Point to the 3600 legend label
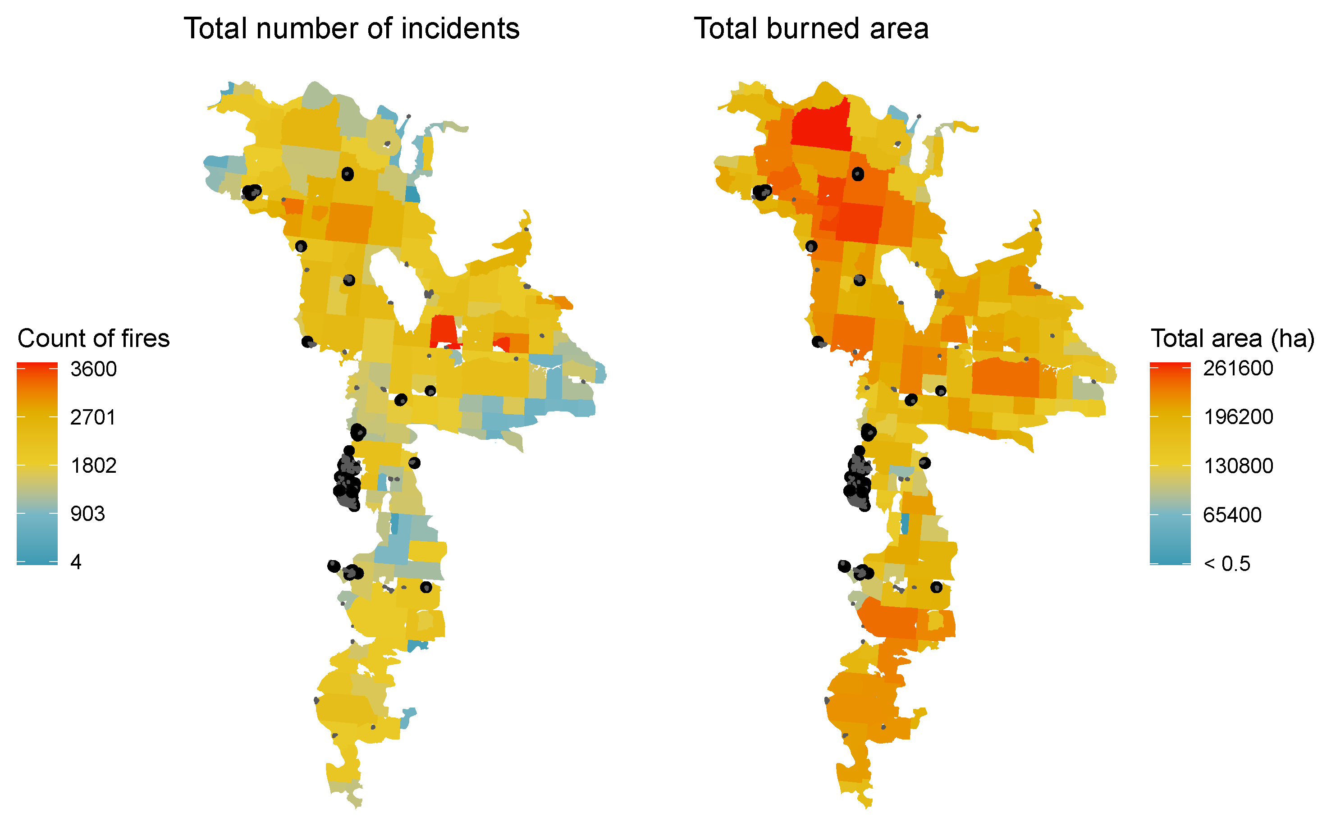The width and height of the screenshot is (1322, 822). [93, 369]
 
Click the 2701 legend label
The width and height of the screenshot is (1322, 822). [93, 417]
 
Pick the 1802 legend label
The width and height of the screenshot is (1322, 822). [93, 466]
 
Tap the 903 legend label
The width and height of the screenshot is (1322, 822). [87, 513]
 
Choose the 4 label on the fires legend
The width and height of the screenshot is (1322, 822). [76, 562]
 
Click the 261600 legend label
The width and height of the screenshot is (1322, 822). [1238, 368]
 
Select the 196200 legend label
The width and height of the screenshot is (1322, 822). [1238, 417]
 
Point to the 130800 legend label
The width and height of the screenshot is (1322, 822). [1238, 466]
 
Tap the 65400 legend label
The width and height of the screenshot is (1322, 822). [1232, 514]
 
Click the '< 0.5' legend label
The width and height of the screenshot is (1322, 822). [1226, 564]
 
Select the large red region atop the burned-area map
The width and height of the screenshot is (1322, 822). [821, 125]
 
